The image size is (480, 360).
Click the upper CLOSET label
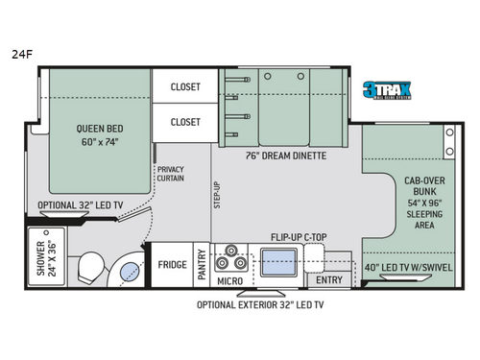185,86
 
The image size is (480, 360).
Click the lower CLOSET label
185,122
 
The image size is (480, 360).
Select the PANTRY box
203,264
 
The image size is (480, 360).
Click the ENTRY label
327,279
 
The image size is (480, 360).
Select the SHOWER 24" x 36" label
44,256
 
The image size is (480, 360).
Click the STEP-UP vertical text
218,194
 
